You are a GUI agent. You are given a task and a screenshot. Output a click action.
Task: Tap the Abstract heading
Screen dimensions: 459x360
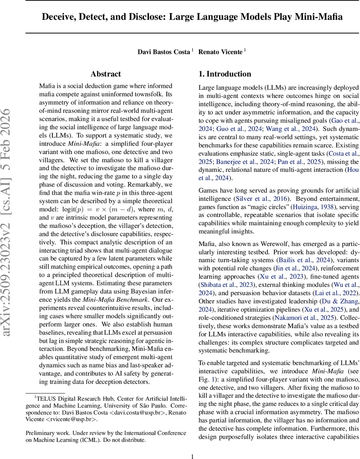[x=105, y=74]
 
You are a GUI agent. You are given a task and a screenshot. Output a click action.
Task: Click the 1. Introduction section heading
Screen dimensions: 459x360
[x=225, y=74]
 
